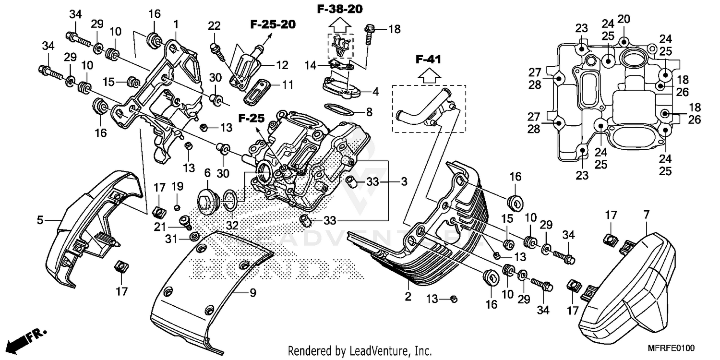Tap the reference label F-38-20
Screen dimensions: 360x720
pyautogui.click(x=339, y=9)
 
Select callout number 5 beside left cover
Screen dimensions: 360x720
pyautogui.click(x=40, y=221)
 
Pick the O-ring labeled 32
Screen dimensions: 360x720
pyautogui.click(x=229, y=200)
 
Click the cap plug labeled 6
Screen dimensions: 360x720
pyautogui.click(x=207, y=200)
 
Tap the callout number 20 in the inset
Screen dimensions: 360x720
pyautogui.click(x=624, y=20)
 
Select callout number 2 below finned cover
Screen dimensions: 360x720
pyautogui.click(x=408, y=297)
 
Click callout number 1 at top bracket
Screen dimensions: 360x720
pyautogui.click(x=176, y=23)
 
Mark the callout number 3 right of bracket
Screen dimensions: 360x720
pyautogui.click(x=404, y=182)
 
